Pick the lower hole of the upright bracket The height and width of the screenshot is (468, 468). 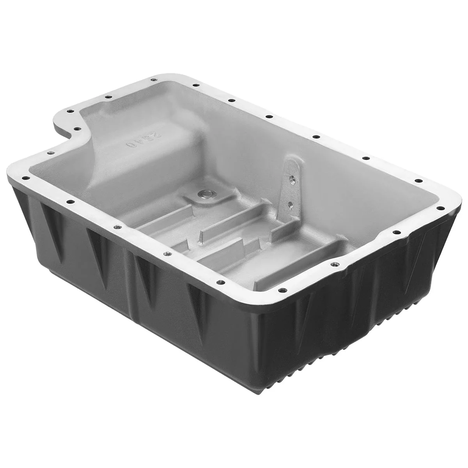[289, 203]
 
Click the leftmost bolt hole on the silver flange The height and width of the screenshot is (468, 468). [26, 178]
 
